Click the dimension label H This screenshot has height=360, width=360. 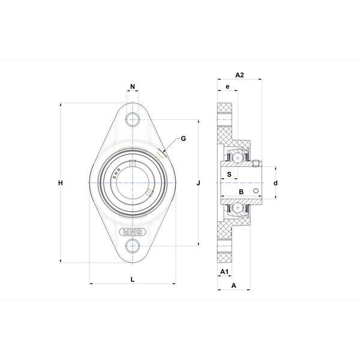[61, 183]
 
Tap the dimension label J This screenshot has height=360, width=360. [199, 183]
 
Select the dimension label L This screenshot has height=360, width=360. [133, 280]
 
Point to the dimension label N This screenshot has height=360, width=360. [133, 86]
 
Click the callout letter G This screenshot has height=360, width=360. [184, 139]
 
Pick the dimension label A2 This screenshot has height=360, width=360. [239, 75]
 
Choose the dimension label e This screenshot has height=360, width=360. [227, 86]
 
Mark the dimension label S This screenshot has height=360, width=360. [229, 174]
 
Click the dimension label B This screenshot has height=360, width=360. [241, 192]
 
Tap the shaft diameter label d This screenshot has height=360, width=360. [275, 183]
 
